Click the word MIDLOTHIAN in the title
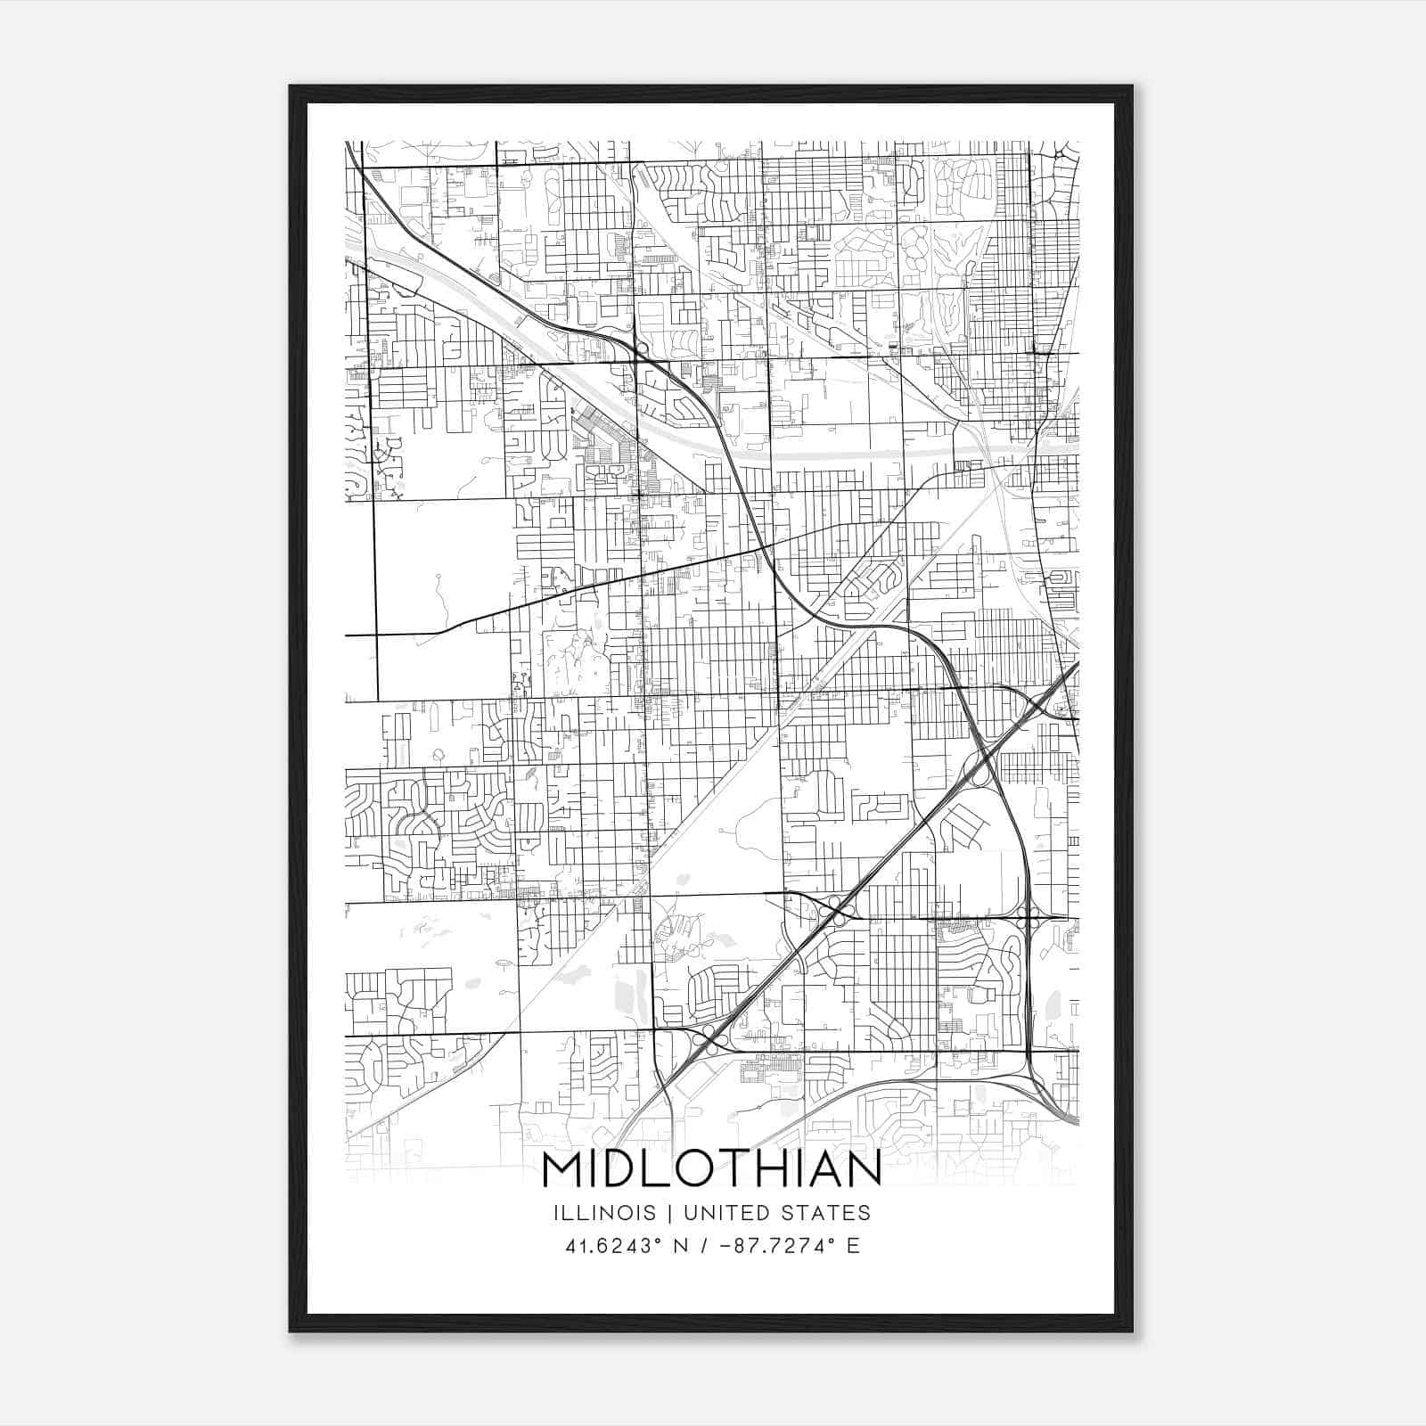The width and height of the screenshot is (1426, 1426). pos(711,1169)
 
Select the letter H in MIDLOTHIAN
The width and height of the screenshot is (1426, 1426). pos(778,1169)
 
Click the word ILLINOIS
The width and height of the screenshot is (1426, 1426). pos(604,1213)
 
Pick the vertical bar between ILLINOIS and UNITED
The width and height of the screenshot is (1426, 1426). pos(664,1213)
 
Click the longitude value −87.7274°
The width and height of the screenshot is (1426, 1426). pos(777,1246)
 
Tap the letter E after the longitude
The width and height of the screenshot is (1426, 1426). pos(854,1246)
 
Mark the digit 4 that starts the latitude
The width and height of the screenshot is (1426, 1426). pos(570,1246)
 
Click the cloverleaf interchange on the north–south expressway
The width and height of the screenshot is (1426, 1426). pos(1029,917)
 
